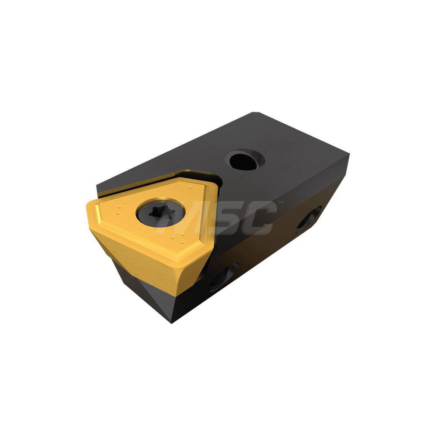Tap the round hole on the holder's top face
click(244, 160)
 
